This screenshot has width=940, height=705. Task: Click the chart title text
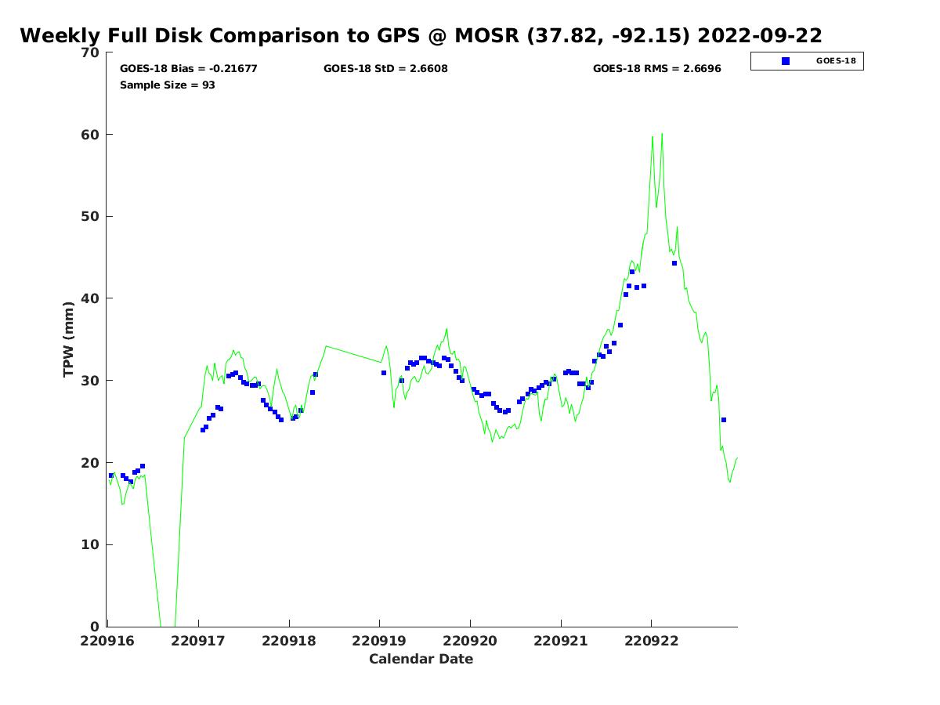coord(421,36)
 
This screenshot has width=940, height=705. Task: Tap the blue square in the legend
coord(786,61)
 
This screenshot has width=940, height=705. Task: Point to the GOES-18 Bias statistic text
coord(188,69)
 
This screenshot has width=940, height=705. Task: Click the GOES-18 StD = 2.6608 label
coord(385,69)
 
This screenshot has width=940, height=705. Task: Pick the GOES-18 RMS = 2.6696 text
coord(656,69)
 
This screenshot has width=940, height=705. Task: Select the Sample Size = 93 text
coord(167,85)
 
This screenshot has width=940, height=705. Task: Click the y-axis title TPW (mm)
coord(69,339)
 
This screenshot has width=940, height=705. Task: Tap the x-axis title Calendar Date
coord(421,659)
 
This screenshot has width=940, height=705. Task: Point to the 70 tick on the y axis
coord(92,52)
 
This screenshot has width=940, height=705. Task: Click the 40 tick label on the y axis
coord(92,298)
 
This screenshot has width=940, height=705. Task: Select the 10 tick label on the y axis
coord(92,544)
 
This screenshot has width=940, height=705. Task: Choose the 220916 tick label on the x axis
coord(108,641)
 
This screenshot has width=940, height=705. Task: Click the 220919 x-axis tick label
coord(379,641)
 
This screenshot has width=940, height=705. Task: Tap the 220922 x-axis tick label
coord(651,641)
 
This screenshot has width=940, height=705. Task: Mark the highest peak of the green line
coord(662,134)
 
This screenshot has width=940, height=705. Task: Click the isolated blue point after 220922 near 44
coord(674,263)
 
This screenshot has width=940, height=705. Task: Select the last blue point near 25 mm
coord(724,420)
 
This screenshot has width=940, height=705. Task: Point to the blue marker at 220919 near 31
coord(384,373)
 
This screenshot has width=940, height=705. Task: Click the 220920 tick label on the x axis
coord(470,641)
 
